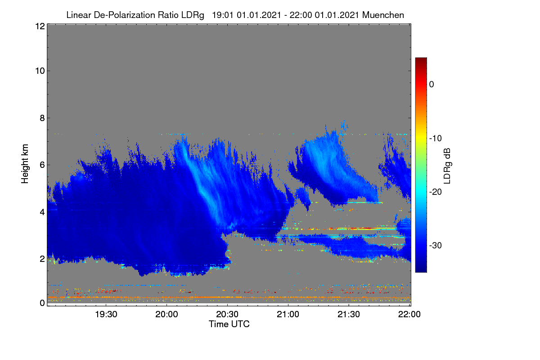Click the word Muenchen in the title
coord(383,15)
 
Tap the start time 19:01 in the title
coord(222,15)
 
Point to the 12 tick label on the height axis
coord(40,26)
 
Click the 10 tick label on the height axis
coord(40,71)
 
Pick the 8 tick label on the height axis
coord(42,118)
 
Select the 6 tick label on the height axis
coord(42,165)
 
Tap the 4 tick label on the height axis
coord(42,212)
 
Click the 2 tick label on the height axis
coord(42,259)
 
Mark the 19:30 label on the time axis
coord(106,314)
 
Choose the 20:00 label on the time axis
coord(166,314)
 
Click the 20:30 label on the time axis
coord(227,314)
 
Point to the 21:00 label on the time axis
coord(288,314)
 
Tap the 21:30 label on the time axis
coord(349,314)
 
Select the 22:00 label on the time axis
coord(409,314)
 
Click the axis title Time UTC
coord(229,324)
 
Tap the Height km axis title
coord(25,164)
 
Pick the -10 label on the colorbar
coord(436,139)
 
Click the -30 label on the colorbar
coord(436,245)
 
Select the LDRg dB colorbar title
coord(447,166)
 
